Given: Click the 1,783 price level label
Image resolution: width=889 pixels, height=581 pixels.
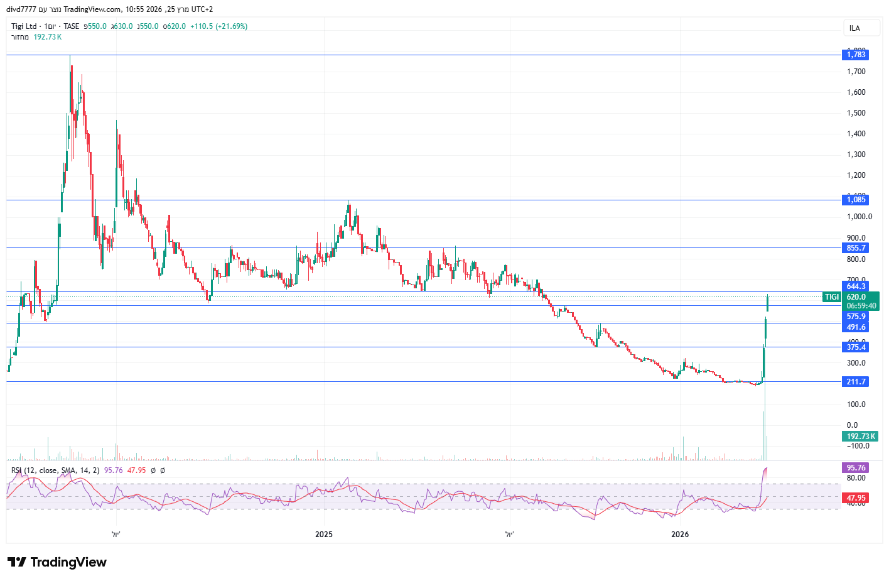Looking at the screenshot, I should point(856,55).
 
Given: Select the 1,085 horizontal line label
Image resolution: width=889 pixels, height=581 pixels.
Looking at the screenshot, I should point(856,200).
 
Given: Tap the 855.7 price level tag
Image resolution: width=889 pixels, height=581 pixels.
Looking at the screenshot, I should point(856,247).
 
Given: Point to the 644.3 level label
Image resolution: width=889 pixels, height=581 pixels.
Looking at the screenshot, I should point(856,286).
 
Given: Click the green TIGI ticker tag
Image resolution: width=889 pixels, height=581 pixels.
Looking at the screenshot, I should point(831,297).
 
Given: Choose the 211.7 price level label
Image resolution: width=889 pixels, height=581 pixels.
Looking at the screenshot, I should point(856,382).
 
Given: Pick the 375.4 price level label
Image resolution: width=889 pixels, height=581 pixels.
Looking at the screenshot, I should point(856,347).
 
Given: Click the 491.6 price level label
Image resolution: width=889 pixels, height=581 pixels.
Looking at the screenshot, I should point(856,327).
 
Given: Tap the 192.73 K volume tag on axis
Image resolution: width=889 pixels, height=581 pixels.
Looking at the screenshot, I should point(860,437).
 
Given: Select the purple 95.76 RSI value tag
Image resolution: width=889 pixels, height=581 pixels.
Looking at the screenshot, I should point(856,468).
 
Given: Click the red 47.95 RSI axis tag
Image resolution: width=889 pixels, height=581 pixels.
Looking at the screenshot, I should point(856,498).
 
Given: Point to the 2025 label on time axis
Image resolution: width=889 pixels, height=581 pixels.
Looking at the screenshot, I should point(324,535).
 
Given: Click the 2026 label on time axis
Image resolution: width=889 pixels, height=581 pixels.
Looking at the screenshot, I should point(680,535).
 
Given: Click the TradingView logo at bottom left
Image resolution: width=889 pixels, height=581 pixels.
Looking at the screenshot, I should point(57,562).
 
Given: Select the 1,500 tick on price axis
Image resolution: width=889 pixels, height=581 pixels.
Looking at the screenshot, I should point(856,113).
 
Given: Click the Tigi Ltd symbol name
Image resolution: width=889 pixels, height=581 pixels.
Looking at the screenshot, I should point(24,26).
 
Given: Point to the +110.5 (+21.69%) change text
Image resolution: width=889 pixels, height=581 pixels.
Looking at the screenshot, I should point(218,26).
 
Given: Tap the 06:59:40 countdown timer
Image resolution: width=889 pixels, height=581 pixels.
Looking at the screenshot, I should point(861,306).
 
